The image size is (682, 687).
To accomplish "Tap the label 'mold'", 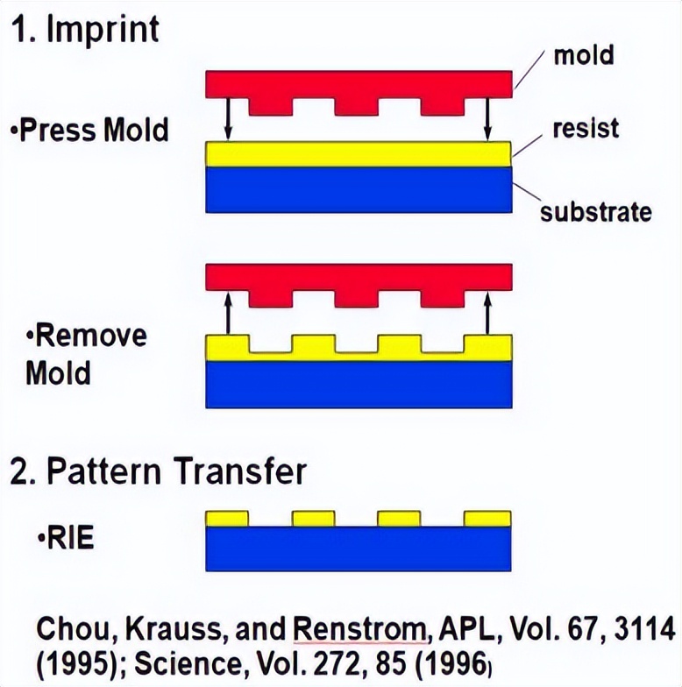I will [x=583, y=56].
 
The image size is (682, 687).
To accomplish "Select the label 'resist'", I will [x=586, y=128].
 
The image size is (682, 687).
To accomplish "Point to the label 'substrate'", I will [x=595, y=211].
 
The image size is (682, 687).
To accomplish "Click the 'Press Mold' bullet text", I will [x=89, y=131].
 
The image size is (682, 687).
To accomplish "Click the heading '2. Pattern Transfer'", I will [x=159, y=471].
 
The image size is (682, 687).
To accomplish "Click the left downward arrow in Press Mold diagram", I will [x=228, y=117].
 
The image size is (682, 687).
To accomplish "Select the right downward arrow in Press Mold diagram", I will [x=488, y=117].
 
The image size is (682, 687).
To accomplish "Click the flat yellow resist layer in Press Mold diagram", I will [x=359, y=154].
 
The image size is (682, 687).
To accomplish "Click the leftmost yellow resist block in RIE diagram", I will [x=228, y=518].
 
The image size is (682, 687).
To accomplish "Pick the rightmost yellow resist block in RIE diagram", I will [x=488, y=518].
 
